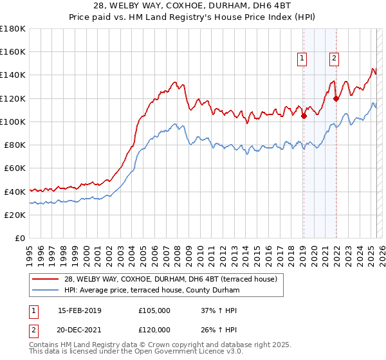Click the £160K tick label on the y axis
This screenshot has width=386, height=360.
click(13, 52)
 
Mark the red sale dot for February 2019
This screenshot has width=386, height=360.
click(304, 116)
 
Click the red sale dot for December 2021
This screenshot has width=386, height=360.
click(336, 98)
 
